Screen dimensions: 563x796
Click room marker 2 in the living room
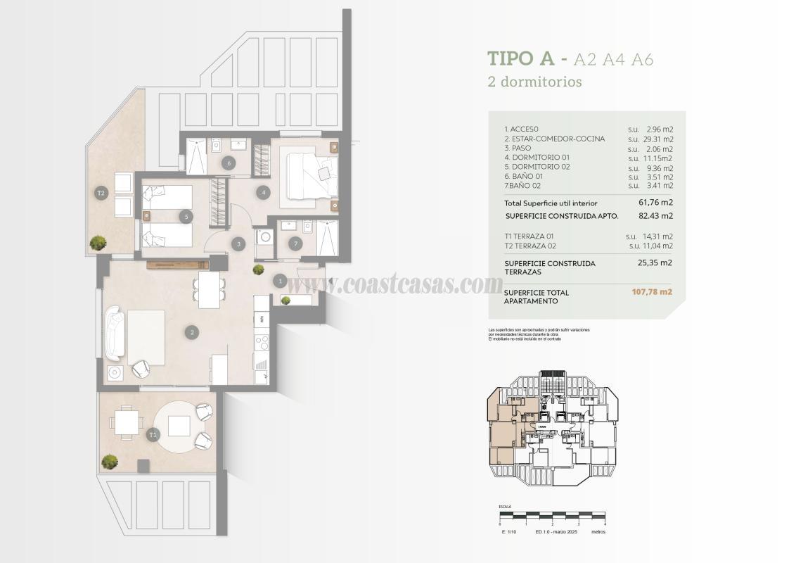pyautogui.click(x=190, y=332)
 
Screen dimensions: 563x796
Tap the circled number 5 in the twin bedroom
pyautogui.click(x=186, y=217)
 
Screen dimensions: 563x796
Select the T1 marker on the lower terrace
pyautogui.click(x=153, y=436)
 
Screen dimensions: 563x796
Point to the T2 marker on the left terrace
pyautogui.click(x=101, y=192)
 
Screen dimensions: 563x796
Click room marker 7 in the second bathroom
pyautogui.click(x=295, y=243)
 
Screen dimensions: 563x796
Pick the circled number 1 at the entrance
pyautogui.click(x=280, y=281)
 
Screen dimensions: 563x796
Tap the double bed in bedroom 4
pyautogui.click(x=307, y=173)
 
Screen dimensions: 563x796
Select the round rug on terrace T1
pyautogui.click(x=180, y=426)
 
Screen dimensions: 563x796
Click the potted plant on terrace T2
pyautogui.click(x=98, y=243)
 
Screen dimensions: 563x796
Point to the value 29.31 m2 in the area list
pyautogui.click(x=657, y=139)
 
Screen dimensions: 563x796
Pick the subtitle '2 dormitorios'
pyautogui.click(x=534, y=82)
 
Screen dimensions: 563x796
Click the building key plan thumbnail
pyautogui.click(x=553, y=429)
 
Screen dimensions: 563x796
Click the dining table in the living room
pyautogui.click(x=209, y=289)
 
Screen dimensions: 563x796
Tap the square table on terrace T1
pyautogui.click(x=127, y=422)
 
